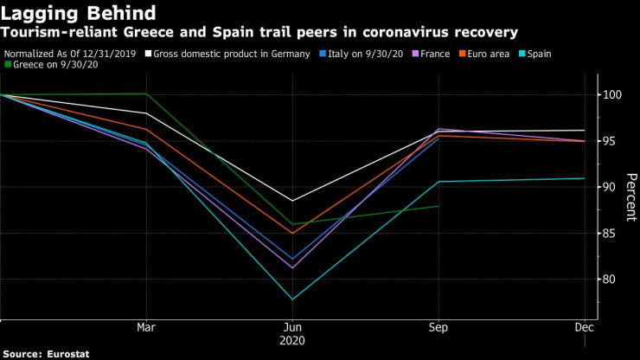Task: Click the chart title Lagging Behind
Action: click(x=79, y=13)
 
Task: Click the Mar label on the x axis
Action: click(x=146, y=327)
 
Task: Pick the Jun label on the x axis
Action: click(x=293, y=327)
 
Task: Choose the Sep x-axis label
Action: click(x=439, y=327)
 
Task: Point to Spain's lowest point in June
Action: click(x=293, y=299)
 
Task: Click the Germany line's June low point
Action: click(x=293, y=201)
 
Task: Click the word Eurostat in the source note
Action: click(x=68, y=353)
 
